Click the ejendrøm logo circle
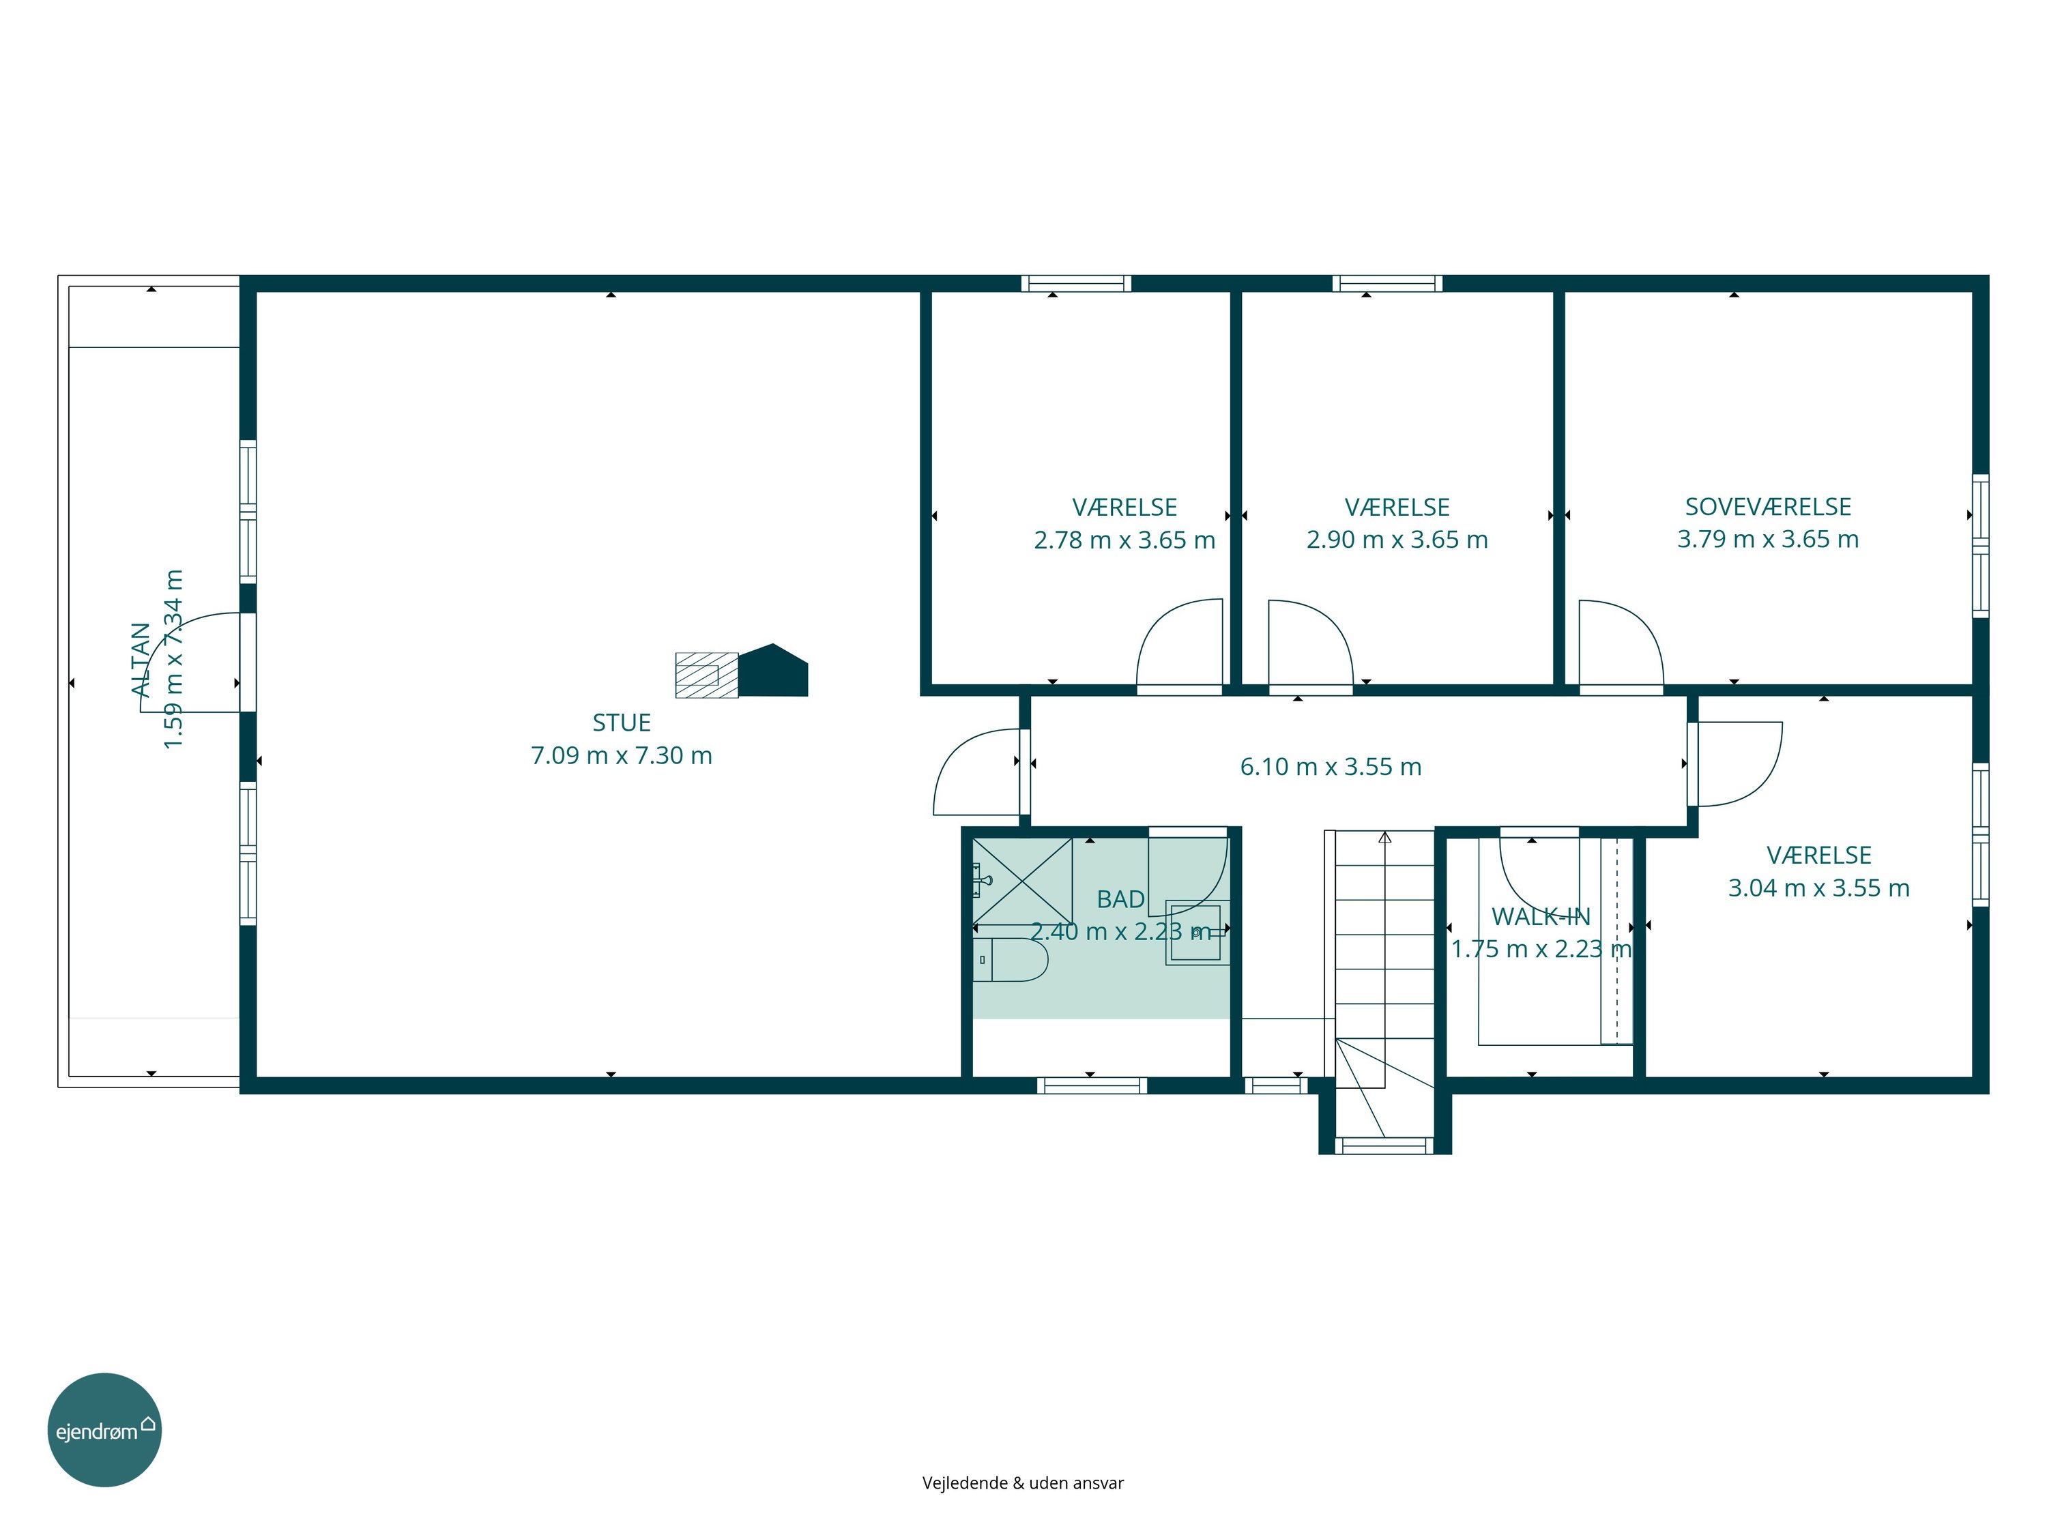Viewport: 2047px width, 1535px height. tap(104, 1429)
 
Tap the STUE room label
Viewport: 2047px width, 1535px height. tap(621, 722)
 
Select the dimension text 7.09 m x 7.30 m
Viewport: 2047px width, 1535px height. tap(621, 756)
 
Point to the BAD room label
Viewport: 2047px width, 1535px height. tap(1120, 899)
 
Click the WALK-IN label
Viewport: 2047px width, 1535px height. tap(1541, 917)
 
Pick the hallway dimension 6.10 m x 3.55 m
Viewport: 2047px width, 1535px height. tap(1331, 767)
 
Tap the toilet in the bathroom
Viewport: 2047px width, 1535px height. tap(1011, 959)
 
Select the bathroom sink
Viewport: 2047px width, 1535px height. tap(1197, 932)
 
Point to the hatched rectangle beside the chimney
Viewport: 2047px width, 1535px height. tap(707, 675)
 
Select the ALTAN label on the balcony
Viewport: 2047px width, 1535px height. tap(141, 660)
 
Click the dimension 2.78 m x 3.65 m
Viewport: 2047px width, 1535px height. tap(1124, 540)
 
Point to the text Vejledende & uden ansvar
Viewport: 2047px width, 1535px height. tap(1023, 1483)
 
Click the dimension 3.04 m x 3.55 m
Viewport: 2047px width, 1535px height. tap(1819, 888)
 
